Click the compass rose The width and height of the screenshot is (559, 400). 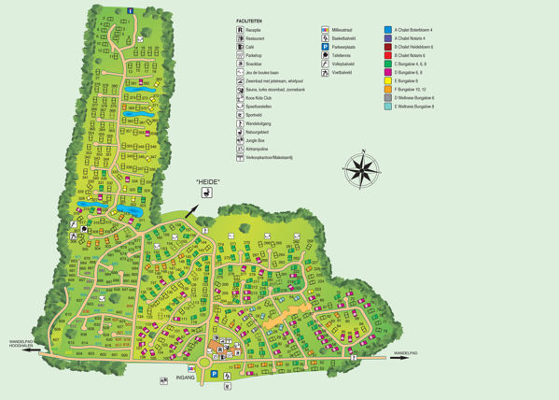point(361,170)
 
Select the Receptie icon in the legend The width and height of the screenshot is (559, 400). point(240,30)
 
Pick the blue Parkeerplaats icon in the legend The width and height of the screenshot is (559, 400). point(325,47)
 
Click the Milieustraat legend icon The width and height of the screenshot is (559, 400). point(325,30)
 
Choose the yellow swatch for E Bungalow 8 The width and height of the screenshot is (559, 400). point(388,80)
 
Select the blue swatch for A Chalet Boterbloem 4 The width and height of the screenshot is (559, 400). point(388,30)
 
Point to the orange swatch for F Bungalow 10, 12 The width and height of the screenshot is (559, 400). point(388,89)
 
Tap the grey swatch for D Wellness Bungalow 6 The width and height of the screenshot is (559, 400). point(388,97)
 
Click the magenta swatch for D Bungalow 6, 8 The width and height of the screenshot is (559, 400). point(388,72)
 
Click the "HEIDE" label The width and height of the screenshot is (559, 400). point(207,181)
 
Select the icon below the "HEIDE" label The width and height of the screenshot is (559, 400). point(207,193)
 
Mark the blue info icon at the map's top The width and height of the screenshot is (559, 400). point(131,10)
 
